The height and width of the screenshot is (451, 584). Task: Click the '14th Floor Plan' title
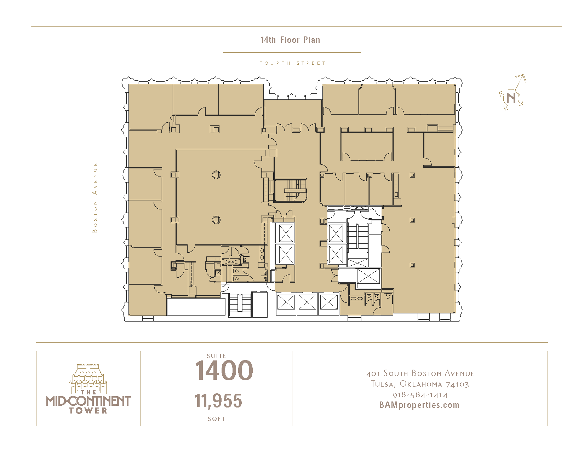click(290, 40)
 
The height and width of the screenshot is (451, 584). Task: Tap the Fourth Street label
click(292, 63)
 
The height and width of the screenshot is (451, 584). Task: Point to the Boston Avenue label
click(95, 197)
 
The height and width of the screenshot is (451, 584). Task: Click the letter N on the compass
click(511, 98)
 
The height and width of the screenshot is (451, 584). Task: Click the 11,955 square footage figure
click(218, 400)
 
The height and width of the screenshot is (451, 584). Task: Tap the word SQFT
click(217, 419)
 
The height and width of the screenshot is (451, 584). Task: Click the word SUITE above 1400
click(216, 355)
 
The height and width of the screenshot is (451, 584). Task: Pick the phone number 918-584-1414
click(420, 395)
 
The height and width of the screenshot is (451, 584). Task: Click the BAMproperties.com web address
click(419, 405)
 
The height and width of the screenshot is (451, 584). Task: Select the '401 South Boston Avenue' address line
click(420, 374)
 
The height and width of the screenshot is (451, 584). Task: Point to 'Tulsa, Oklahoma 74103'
click(420, 384)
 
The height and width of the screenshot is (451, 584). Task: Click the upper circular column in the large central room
click(216, 175)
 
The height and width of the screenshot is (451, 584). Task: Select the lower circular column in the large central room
click(216, 220)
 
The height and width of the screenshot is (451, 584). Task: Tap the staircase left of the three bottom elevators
click(240, 305)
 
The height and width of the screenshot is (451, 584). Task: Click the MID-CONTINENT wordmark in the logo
click(88, 401)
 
